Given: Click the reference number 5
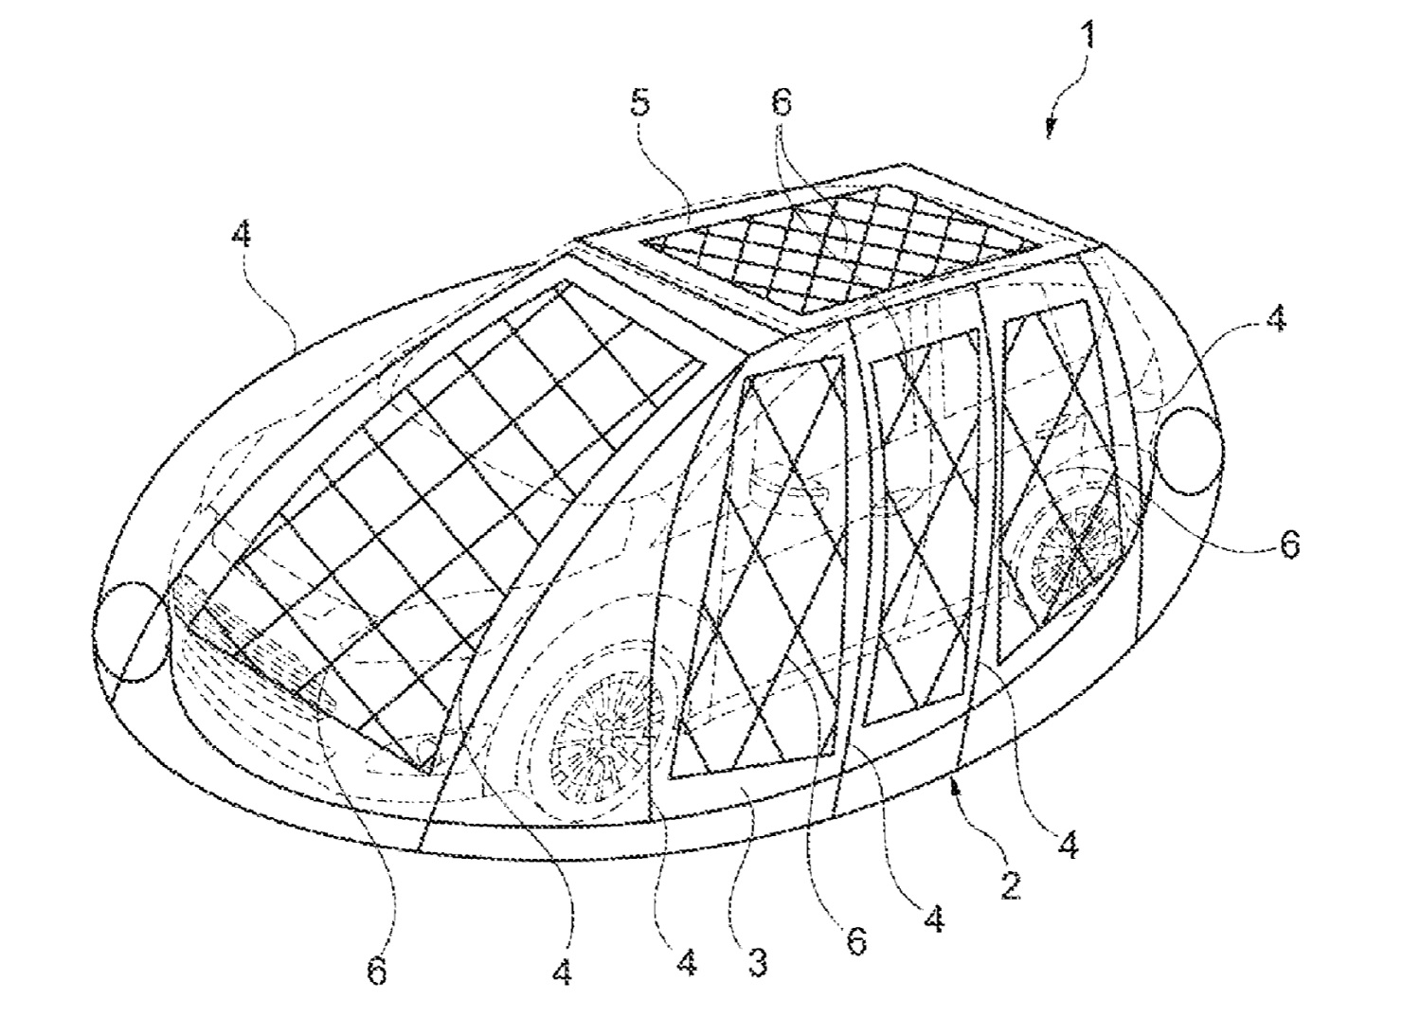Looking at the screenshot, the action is point(640,103).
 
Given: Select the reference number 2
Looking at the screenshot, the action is point(1010,885).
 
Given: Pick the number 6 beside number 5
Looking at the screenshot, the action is point(782,102).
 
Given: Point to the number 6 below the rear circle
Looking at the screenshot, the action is point(1290,544).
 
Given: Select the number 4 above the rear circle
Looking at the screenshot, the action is point(1276,318).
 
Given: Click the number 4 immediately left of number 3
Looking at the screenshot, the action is point(687,963).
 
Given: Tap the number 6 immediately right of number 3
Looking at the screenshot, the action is point(856,941).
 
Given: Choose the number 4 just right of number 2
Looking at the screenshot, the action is point(1069,845).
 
